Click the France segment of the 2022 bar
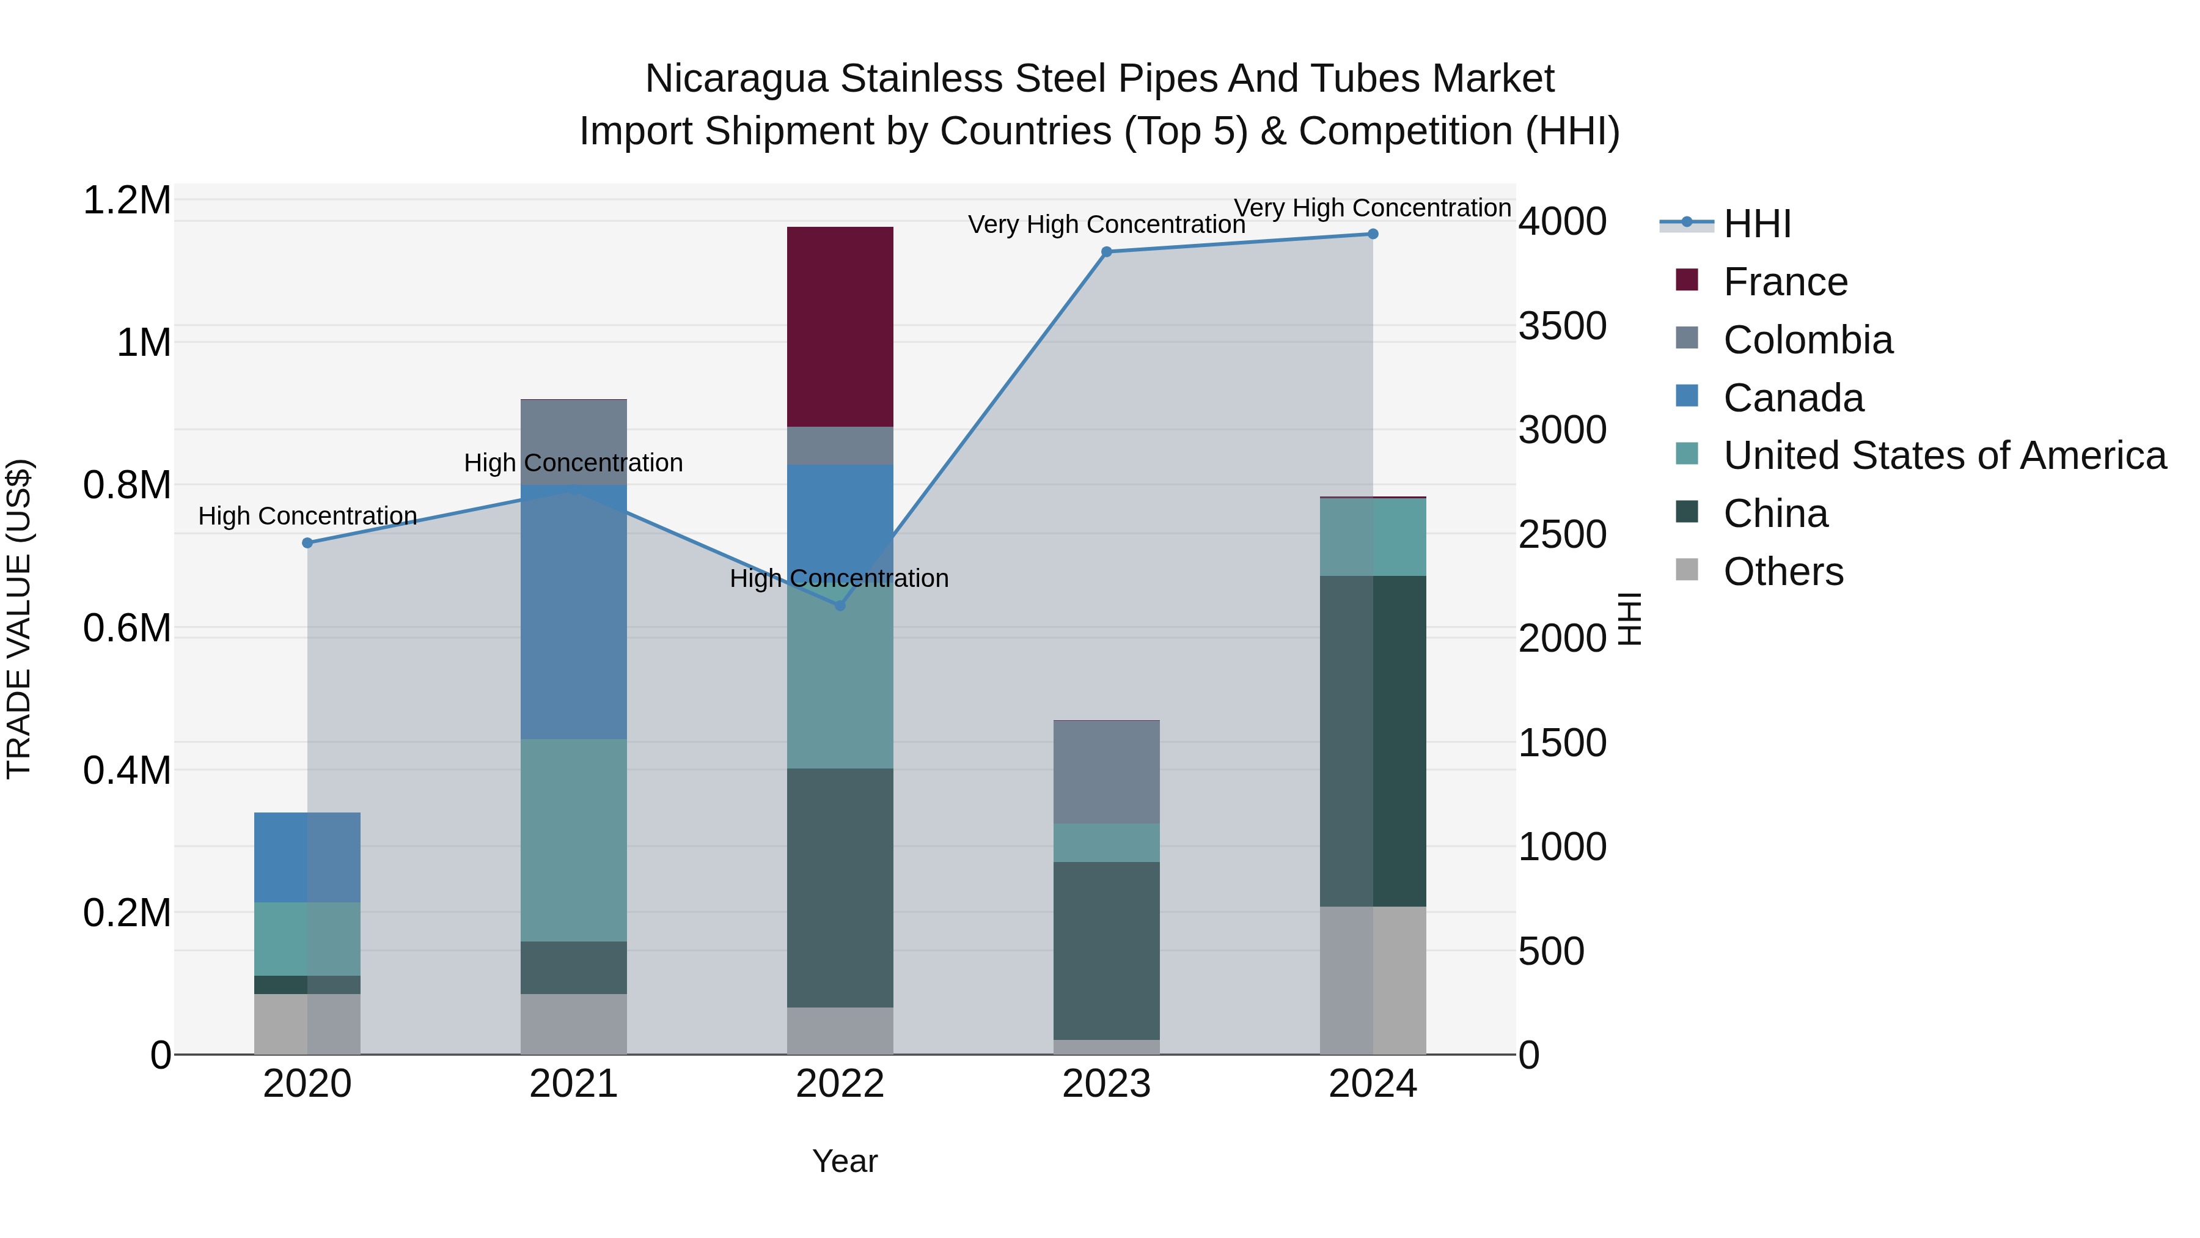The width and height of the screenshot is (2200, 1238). tap(840, 326)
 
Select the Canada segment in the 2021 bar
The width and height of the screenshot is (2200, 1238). tap(573, 612)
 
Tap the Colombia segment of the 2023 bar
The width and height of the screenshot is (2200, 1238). tap(1106, 772)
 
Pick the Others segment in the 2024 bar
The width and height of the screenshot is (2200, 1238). tap(1373, 980)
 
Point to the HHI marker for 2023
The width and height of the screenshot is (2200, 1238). tap(1106, 252)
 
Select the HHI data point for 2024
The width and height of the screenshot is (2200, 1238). tap(1373, 234)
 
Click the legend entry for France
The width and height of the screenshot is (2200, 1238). tap(1785, 282)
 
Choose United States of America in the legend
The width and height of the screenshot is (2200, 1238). tap(1945, 455)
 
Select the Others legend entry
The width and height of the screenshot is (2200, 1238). tap(1783, 572)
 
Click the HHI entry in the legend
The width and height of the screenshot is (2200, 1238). tap(1757, 224)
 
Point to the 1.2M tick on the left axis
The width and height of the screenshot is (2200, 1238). tap(127, 201)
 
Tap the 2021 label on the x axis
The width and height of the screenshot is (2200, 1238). tap(573, 1084)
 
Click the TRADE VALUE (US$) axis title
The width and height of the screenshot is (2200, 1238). tap(19, 619)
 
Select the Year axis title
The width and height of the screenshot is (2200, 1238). tap(845, 1161)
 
